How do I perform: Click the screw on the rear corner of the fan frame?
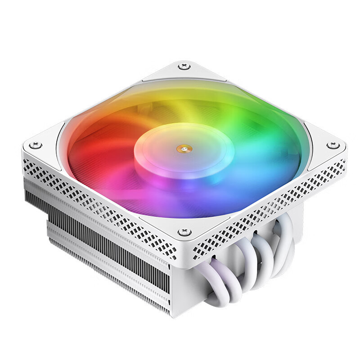pyautogui.click(x=184, y=67)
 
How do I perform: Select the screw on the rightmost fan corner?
pyautogui.click(x=332, y=145)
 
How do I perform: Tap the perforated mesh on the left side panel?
pyautogui.click(x=99, y=198)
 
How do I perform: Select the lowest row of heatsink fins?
pyautogui.click(x=112, y=279)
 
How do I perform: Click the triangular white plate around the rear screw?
pyautogui.click(x=184, y=72)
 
